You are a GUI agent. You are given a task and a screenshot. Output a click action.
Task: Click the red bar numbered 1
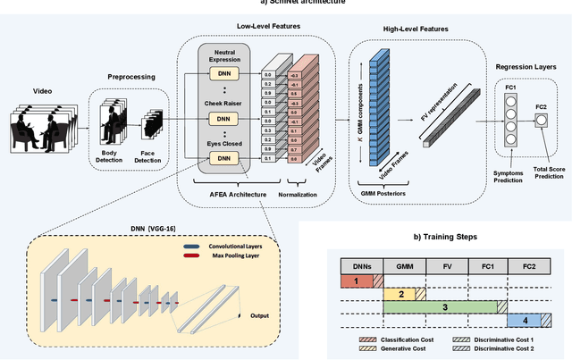point(359,281)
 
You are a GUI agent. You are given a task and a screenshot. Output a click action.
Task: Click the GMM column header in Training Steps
point(405,265)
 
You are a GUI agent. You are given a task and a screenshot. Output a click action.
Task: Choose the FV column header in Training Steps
point(446,265)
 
